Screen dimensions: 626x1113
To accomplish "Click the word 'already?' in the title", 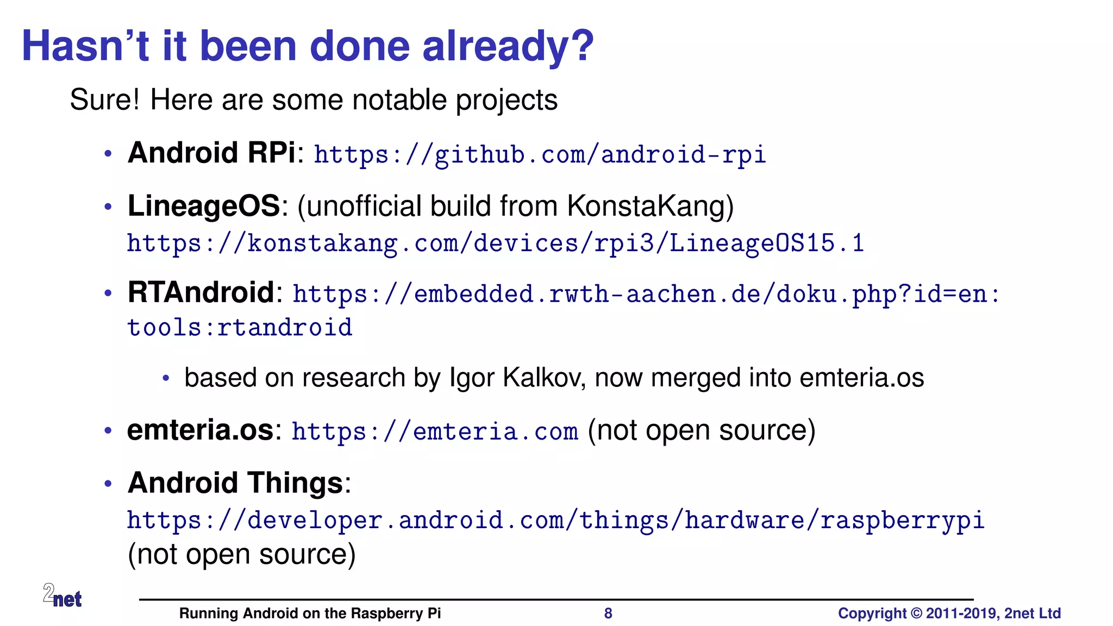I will pyautogui.click(x=508, y=47).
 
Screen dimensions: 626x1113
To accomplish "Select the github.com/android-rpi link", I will pyautogui.click(x=540, y=155).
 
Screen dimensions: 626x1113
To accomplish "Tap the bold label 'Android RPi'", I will pyautogui.click(x=211, y=153).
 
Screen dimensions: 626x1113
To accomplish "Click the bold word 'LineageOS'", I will pyautogui.click(x=204, y=206).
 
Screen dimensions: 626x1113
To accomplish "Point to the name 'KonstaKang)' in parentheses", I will pyautogui.click(x=650, y=206).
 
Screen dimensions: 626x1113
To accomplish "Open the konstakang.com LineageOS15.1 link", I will pyautogui.click(x=495, y=243).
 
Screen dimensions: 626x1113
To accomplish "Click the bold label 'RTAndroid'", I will pyautogui.click(x=201, y=292).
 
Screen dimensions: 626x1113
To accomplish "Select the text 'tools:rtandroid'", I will pyautogui.click(x=240, y=328).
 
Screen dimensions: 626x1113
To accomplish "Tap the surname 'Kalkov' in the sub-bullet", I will pyautogui.click(x=543, y=378).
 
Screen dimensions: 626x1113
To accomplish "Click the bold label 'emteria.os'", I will pyautogui.click(x=200, y=430).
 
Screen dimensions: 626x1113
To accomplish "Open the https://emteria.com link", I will pyautogui.click(x=435, y=432).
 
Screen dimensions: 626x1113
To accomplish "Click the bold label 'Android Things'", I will pyautogui.click(x=235, y=483).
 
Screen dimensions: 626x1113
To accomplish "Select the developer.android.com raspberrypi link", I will pyautogui.click(x=555, y=521).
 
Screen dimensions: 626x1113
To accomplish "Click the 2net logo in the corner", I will pyautogui.click(x=62, y=596).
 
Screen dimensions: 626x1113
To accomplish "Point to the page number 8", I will pyautogui.click(x=608, y=614).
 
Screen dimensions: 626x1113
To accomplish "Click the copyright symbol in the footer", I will pyautogui.click(x=916, y=614).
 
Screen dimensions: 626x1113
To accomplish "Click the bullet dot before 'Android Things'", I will pyautogui.click(x=108, y=483).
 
